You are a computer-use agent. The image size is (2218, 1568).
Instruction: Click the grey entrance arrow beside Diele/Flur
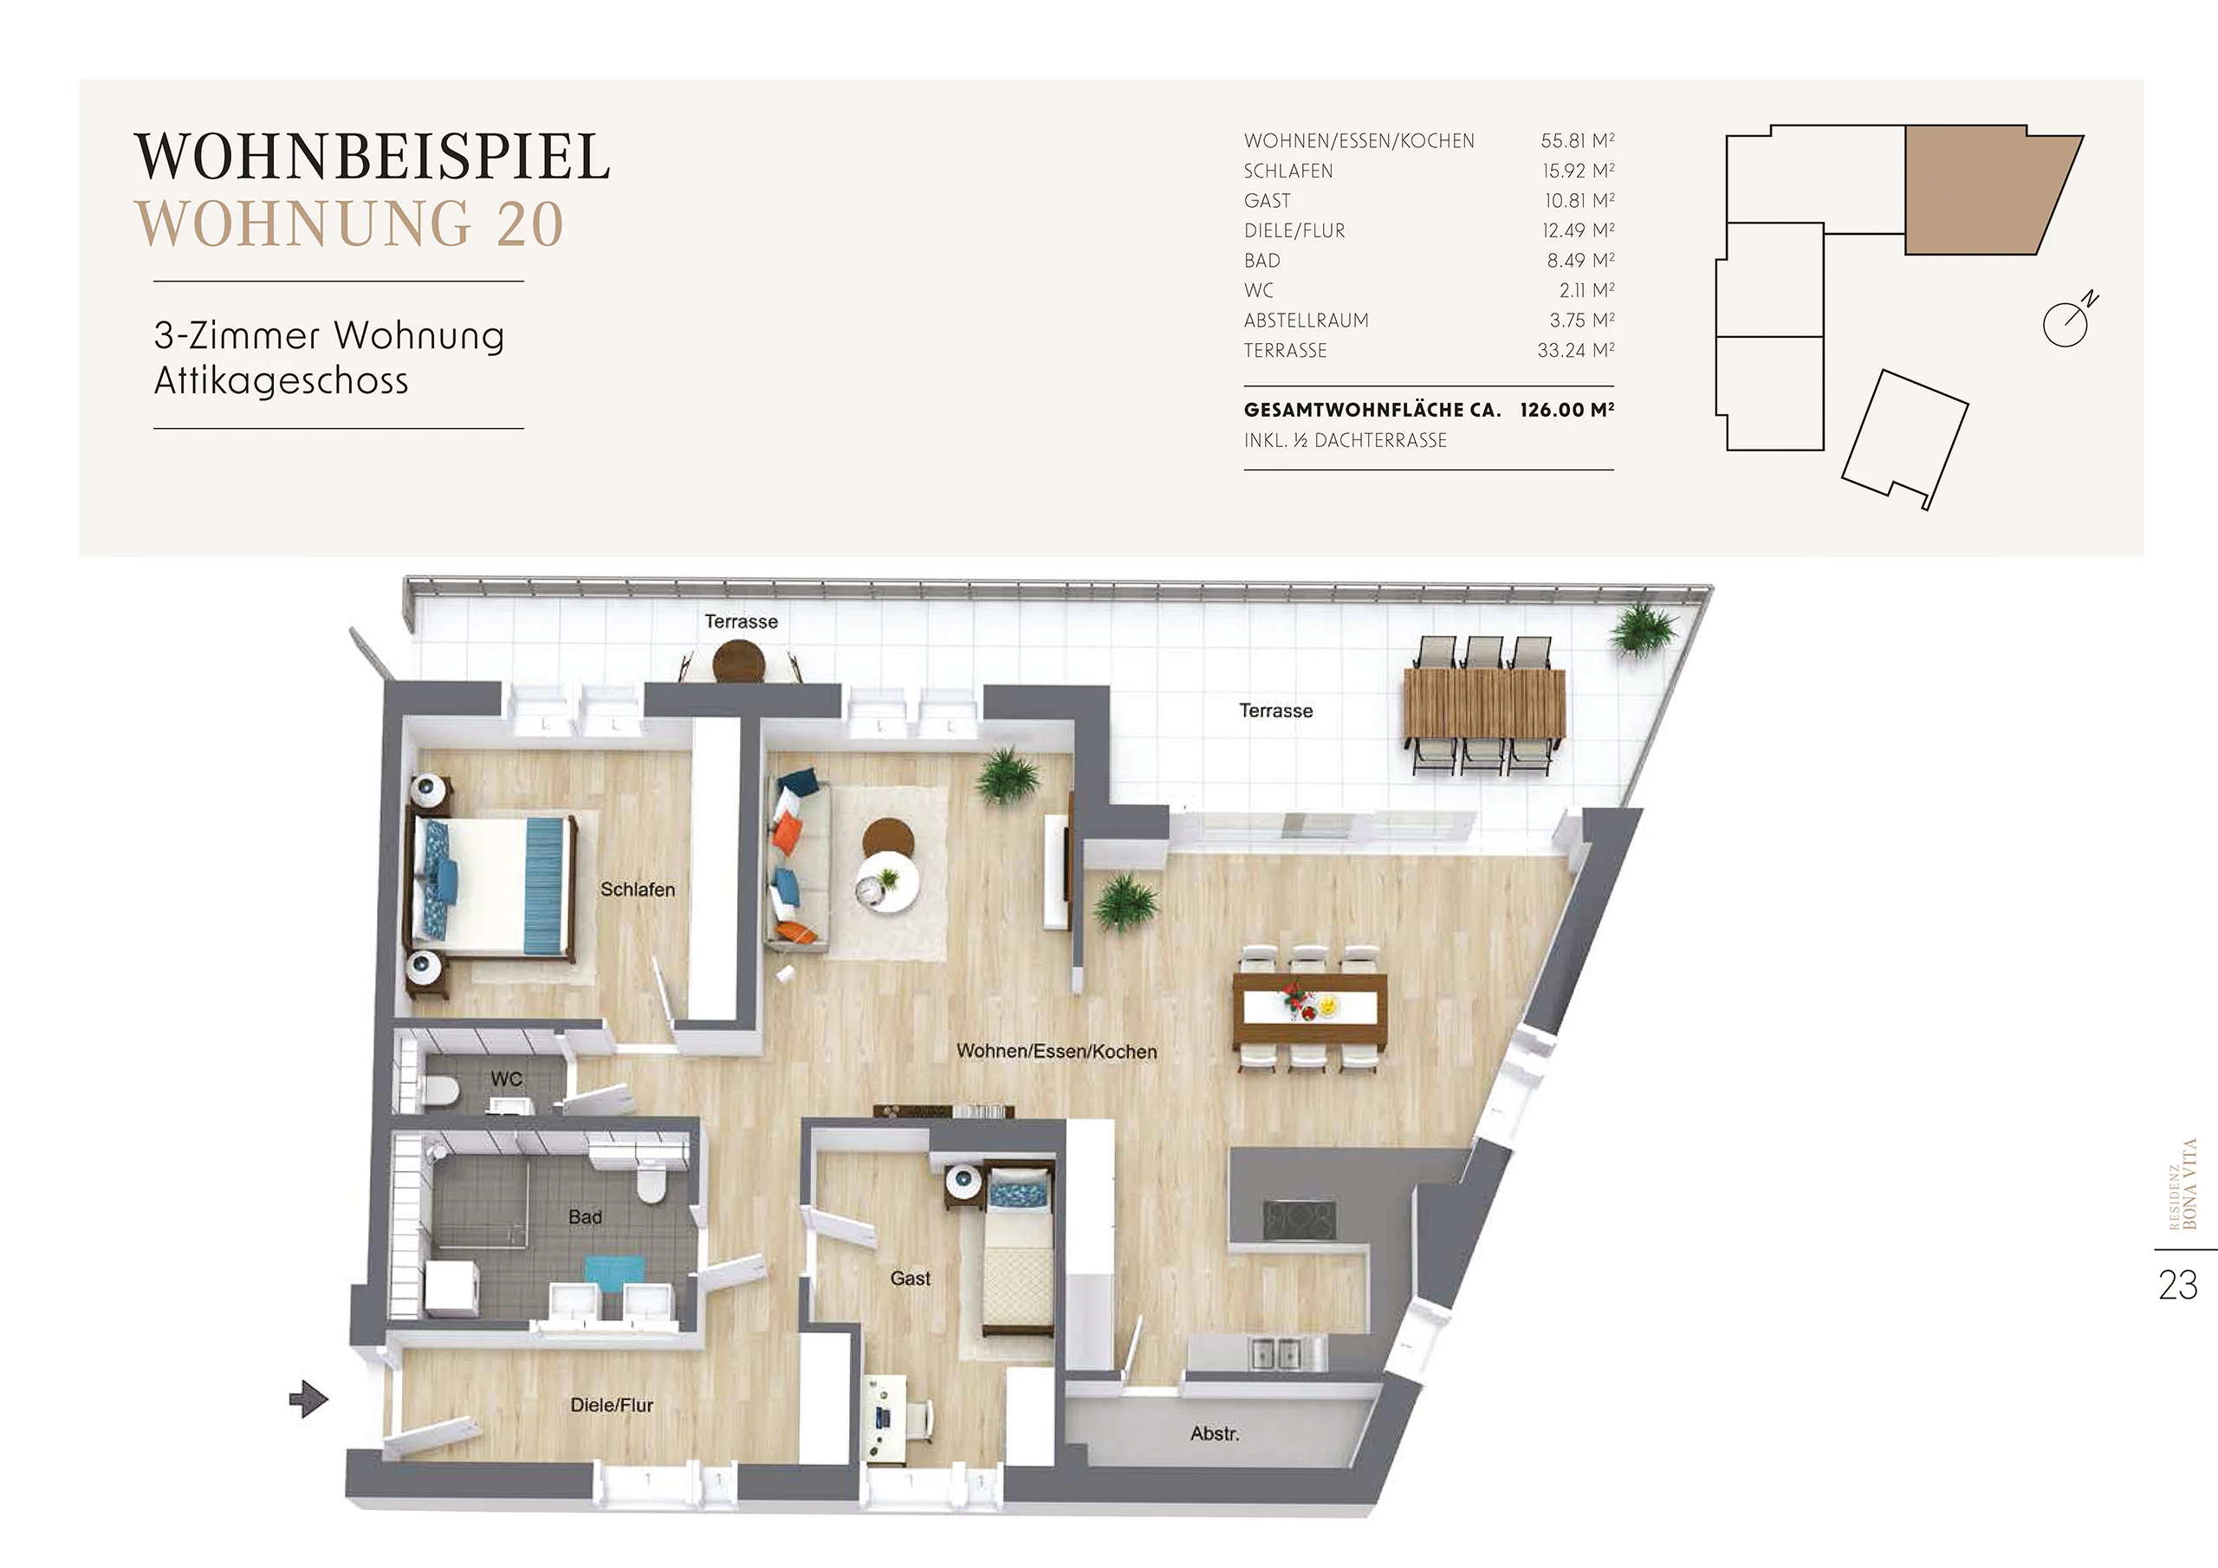(309, 1398)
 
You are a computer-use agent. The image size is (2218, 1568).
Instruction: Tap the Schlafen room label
(638, 889)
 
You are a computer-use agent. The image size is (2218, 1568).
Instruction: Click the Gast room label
(910, 1278)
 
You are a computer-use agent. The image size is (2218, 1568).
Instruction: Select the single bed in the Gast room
(1015, 1261)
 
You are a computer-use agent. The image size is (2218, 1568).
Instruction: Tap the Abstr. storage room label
(1215, 1434)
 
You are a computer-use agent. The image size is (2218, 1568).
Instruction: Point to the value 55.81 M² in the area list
(1578, 140)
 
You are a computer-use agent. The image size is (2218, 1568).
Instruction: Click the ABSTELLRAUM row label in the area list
(1306, 321)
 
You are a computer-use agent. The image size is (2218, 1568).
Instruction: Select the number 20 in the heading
(517, 224)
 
